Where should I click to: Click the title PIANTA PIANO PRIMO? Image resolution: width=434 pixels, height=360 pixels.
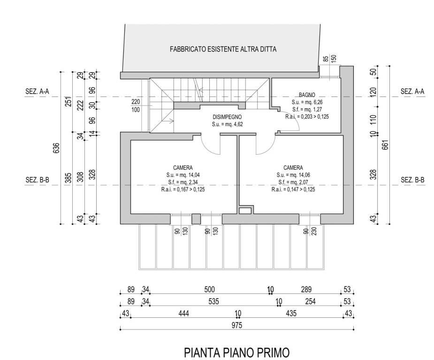click(236, 353)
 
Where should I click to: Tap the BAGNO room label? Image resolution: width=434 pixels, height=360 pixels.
click(307, 95)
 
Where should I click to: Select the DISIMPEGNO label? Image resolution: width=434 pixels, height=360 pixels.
click(227, 117)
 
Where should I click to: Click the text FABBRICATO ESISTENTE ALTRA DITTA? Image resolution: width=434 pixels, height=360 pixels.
click(223, 49)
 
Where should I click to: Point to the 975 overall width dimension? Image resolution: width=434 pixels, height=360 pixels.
click(237, 325)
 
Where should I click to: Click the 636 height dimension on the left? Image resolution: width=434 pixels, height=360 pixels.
click(56, 148)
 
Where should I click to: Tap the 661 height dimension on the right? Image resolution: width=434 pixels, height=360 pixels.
click(385, 145)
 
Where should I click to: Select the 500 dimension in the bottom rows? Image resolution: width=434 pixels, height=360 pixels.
click(210, 290)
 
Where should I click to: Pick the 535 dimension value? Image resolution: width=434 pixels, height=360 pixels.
click(213, 301)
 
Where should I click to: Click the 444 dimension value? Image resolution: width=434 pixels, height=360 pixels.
click(184, 313)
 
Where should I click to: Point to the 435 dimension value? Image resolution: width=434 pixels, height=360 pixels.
click(291, 313)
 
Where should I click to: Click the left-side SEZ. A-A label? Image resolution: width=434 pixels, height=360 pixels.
click(37, 91)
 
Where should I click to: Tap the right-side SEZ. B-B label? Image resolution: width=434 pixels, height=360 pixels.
click(413, 180)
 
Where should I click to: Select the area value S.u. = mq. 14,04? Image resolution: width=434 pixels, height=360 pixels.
click(183, 175)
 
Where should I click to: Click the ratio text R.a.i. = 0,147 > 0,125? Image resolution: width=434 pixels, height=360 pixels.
click(293, 189)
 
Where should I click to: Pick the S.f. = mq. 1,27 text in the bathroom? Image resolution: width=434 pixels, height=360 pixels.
click(307, 110)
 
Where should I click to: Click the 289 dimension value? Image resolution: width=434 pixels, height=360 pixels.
click(306, 290)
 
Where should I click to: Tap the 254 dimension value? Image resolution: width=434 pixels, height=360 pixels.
click(310, 301)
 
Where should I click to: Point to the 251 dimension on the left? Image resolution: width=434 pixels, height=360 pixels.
click(69, 101)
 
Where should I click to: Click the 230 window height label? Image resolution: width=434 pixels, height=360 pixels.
click(314, 231)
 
